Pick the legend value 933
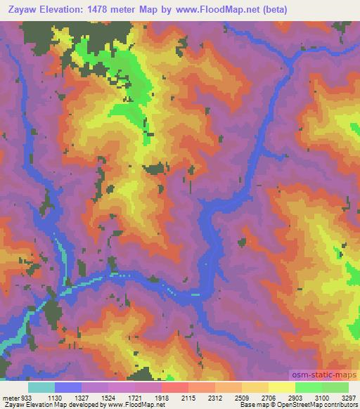pyautogui.click(x=27, y=396)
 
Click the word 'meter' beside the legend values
pyautogui.click(x=9, y=396)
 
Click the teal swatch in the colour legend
pyautogui.click(x=41, y=387)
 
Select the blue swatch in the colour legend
pyautogui.click(x=68, y=387)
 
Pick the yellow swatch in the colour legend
pyautogui.click(x=282, y=387)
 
